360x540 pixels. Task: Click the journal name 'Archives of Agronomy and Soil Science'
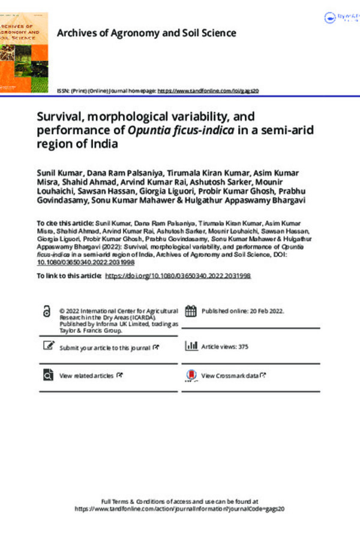click(146, 34)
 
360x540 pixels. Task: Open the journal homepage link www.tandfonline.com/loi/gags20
click(208, 90)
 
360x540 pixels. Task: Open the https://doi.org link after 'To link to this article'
click(178, 275)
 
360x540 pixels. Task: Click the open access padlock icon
click(47, 311)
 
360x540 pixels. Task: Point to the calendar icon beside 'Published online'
click(191, 311)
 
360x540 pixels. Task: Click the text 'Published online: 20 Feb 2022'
click(243, 311)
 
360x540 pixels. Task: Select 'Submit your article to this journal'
click(106, 347)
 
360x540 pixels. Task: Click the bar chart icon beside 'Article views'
click(191, 346)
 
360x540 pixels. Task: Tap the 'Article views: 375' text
click(224, 347)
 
